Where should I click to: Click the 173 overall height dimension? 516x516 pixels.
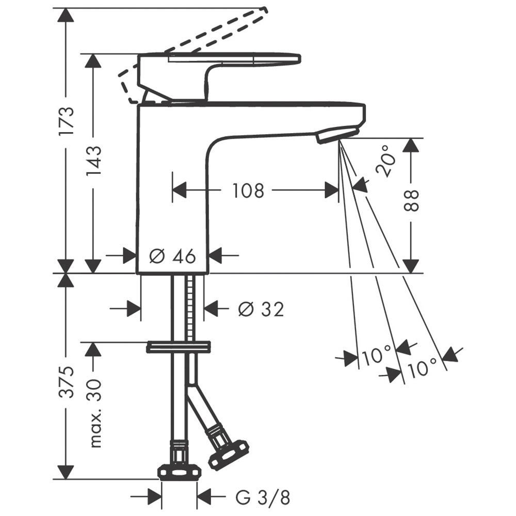pyautogui.click(x=67, y=121)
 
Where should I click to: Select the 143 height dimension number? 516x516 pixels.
pyautogui.click(x=94, y=162)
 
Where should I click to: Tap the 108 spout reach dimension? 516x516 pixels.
pyautogui.click(x=248, y=190)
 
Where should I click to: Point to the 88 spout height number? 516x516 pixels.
pyautogui.click(x=412, y=200)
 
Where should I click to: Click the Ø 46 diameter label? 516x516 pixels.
pyautogui.click(x=173, y=256)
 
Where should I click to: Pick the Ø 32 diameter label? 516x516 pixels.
pyautogui.click(x=261, y=309)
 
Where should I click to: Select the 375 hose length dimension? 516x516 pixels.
pyautogui.click(x=67, y=382)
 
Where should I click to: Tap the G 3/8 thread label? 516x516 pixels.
pyautogui.click(x=263, y=497)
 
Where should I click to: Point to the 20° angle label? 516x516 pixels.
pyautogui.click(x=385, y=161)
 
